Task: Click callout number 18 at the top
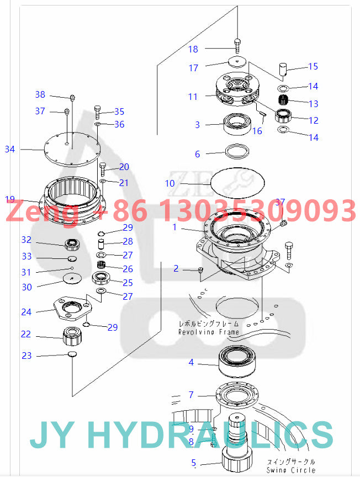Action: [193, 49]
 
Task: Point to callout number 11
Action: [192, 97]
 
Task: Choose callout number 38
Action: [40, 94]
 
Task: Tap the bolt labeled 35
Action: [98, 112]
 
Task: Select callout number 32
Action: [27, 240]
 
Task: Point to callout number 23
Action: [27, 356]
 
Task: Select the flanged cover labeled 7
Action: [237, 395]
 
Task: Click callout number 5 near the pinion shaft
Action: [193, 463]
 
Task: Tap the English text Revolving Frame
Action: [209, 332]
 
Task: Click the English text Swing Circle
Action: [291, 470]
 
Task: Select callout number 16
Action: [257, 131]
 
